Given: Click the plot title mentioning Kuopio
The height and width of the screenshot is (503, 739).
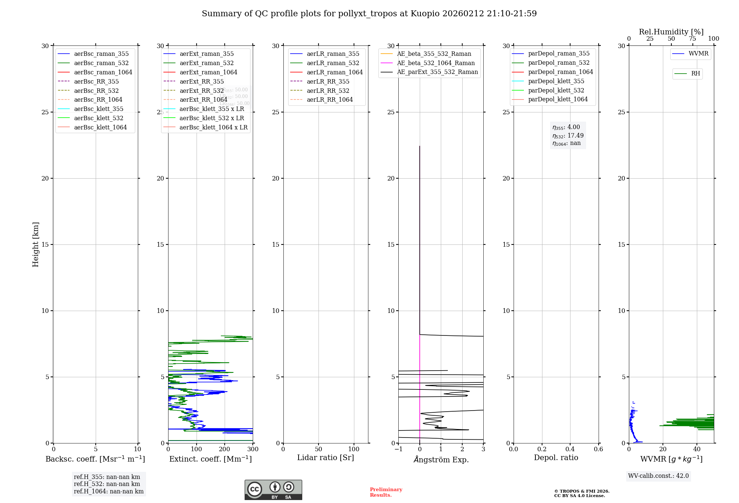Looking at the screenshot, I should [x=369, y=14].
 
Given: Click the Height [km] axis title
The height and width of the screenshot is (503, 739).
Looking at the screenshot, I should [x=35, y=244].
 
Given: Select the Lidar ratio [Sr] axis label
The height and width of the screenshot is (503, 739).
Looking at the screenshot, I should [x=326, y=458].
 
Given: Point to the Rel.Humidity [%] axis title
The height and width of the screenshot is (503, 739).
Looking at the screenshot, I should [x=671, y=32].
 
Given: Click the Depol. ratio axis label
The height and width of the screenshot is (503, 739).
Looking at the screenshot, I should [x=556, y=458].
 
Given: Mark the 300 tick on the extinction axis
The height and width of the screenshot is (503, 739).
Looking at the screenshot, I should [x=253, y=449].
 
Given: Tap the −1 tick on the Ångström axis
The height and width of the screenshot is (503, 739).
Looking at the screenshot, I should [x=398, y=449].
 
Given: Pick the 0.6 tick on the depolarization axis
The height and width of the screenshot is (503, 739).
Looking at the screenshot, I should [x=598, y=449].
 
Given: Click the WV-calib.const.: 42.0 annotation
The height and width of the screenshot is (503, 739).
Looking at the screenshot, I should [x=658, y=476].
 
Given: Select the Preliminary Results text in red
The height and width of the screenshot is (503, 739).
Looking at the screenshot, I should [x=386, y=492].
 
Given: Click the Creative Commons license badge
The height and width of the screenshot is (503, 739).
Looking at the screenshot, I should [x=273, y=490].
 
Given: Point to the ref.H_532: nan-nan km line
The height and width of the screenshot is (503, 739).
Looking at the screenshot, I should [x=107, y=484].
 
